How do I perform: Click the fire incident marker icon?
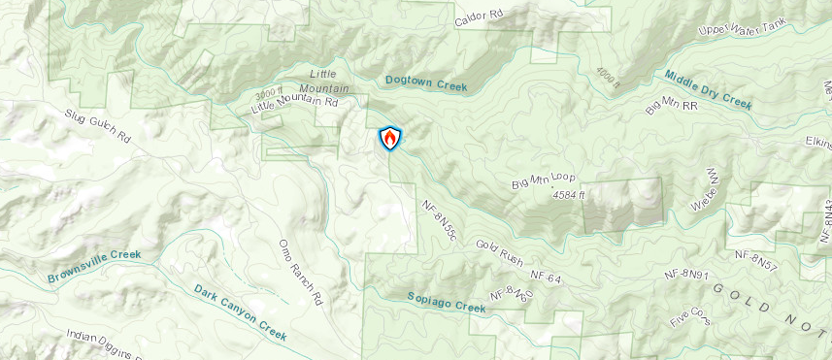click(389, 138)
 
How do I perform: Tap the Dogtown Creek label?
click(426, 84)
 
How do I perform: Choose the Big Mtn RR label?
click(672, 106)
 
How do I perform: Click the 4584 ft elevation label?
click(571, 195)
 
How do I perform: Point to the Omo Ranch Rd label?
click(299, 273)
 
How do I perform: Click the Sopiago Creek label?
click(446, 302)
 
